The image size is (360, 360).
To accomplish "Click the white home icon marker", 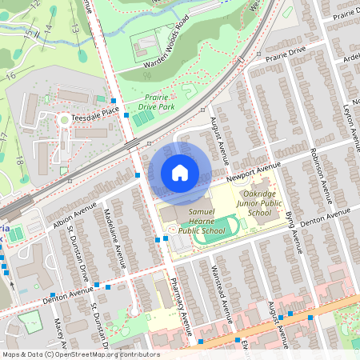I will coord(180,172).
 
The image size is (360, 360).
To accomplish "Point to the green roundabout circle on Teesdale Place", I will coord(63,120).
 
